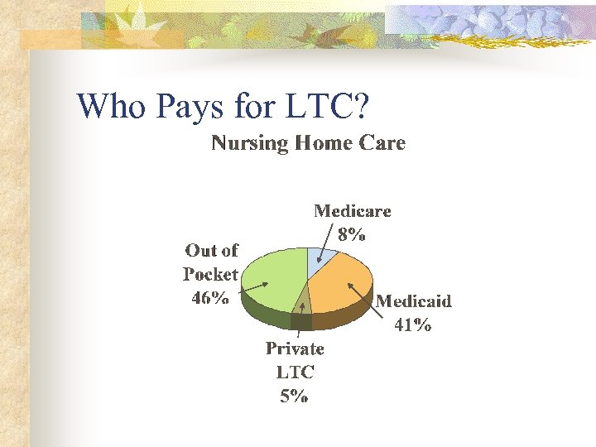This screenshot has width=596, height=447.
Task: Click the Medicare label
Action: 352,211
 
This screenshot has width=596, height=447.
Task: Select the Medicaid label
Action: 413,301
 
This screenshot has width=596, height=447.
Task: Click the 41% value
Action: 412,324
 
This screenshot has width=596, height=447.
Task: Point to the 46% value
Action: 210,298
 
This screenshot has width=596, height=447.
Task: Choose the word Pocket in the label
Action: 210,274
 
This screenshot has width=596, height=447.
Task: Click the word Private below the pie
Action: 295,348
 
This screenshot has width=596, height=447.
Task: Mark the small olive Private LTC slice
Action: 302,300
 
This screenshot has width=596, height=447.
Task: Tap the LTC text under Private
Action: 294,372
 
